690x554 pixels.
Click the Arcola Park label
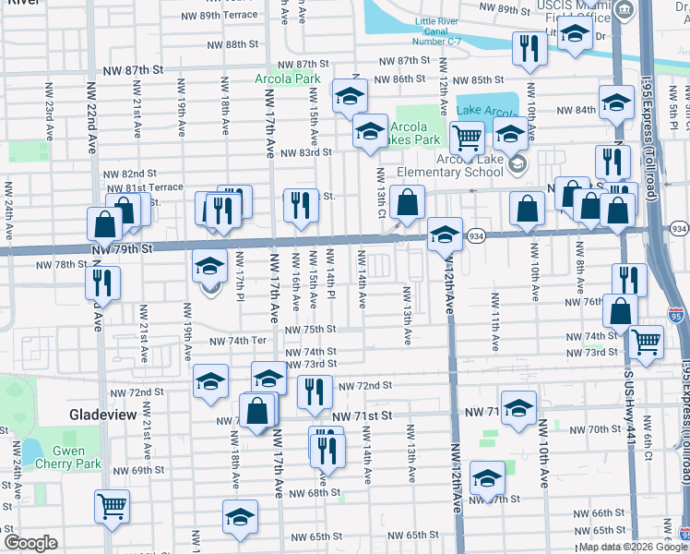[288, 78]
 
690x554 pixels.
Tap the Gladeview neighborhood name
[103, 415]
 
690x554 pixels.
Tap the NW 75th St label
[310, 329]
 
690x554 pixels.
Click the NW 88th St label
[232, 44]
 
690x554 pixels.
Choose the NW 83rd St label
[305, 152]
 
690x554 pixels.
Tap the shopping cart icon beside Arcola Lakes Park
[467, 138]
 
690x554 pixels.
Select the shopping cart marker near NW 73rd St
[646, 341]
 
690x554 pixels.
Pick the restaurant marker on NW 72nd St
[315, 391]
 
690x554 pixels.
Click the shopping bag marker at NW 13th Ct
[406, 201]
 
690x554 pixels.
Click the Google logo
[30, 543]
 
